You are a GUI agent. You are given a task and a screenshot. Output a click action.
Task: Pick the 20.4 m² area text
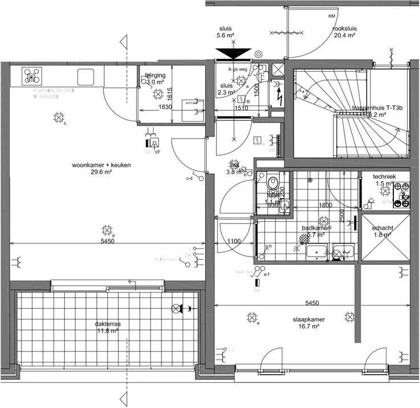(x=344, y=35)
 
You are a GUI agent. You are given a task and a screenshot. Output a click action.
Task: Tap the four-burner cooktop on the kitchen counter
(x=31, y=76)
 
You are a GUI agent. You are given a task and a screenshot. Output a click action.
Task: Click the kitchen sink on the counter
(x=85, y=76)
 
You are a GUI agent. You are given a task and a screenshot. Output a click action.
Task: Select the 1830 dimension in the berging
(x=165, y=107)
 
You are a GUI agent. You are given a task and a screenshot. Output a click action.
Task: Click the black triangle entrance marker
(x=233, y=54)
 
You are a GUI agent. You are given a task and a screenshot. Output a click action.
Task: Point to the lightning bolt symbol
(x=278, y=94)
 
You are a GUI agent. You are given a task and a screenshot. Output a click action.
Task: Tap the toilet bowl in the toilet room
(x=273, y=183)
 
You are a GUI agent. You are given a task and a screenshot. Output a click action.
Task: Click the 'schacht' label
(x=383, y=228)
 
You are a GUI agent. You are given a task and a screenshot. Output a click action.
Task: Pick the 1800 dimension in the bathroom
(x=325, y=205)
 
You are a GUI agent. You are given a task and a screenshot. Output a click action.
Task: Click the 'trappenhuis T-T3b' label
(x=377, y=108)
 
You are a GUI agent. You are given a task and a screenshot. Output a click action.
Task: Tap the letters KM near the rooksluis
(x=332, y=16)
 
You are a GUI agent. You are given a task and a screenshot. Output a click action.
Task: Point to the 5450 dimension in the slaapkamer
(x=309, y=303)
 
